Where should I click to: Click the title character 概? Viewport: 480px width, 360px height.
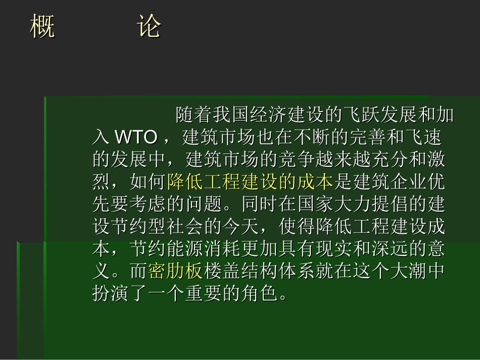tap(42, 26)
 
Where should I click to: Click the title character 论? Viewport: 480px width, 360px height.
tap(149, 26)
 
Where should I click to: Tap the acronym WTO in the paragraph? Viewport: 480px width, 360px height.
tap(136, 137)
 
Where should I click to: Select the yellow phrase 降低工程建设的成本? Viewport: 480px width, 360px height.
tap(250, 181)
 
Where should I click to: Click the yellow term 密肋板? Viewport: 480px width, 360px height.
tap(176, 271)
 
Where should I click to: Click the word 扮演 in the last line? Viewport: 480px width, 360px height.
tap(111, 293)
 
